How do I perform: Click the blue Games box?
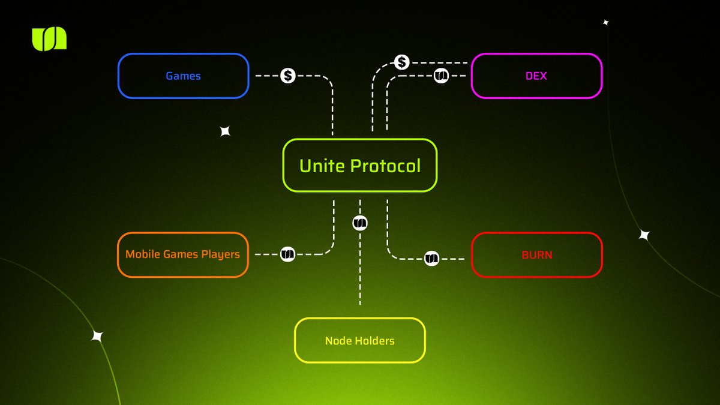tap(183, 76)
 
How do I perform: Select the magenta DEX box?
tap(536, 76)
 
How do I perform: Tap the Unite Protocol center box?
tap(360, 166)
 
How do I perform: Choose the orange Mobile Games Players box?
tap(183, 254)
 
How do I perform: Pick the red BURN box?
tap(536, 254)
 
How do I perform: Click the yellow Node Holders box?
tap(360, 340)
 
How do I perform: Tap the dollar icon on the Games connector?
tap(288, 76)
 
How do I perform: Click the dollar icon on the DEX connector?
tap(402, 62)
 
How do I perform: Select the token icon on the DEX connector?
tap(441, 76)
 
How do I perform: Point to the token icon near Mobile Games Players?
tap(288, 254)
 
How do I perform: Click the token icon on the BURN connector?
tap(432, 259)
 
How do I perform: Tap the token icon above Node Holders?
tap(360, 223)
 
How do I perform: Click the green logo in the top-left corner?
tap(49, 39)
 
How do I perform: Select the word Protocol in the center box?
tap(386, 166)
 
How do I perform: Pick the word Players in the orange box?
tap(220, 254)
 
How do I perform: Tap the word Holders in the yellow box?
tap(373, 341)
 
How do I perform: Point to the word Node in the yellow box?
tap(337, 341)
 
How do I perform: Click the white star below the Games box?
tap(225, 131)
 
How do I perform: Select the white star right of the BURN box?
tap(644, 235)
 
